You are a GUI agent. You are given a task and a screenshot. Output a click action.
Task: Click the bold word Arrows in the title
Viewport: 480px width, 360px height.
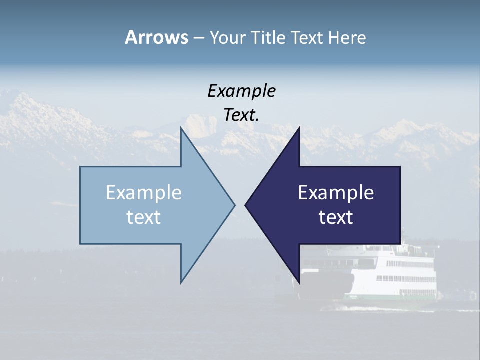pyautogui.click(x=156, y=37)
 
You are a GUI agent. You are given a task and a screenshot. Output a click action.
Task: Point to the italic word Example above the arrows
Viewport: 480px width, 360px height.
pyautogui.click(x=241, y=91)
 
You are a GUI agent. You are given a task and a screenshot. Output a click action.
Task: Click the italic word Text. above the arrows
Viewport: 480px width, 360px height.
pyautogui.click(x=241, y=115)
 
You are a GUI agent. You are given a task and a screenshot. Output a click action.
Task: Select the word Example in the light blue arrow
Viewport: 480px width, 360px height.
pyautogui.click(x=144, y=193)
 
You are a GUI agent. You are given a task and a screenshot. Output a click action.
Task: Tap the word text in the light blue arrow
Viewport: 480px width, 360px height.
pyautogui.click(x=144, y=217)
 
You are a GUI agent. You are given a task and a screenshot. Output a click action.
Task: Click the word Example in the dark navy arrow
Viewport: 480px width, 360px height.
pyautogui.click(x=336, y=193)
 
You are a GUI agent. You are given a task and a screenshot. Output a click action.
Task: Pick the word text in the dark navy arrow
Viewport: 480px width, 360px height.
pyautogui.click(x=336, y=217)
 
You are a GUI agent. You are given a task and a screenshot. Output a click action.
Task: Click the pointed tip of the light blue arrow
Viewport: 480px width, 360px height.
pyautogui.click(x=234, y=205)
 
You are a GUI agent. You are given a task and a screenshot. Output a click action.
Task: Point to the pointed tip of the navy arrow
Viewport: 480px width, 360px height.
pyautogui.click(x=246, y=205)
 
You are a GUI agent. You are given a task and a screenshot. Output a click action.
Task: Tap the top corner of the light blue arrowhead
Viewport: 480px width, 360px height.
pyautogui.click(x=181, y=129)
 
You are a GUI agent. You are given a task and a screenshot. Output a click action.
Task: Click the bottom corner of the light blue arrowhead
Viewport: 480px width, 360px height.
pyautogui.click(x=181, y=282)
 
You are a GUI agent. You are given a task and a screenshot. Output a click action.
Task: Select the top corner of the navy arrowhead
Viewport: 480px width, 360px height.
pyautogui.click(x=299, y=129)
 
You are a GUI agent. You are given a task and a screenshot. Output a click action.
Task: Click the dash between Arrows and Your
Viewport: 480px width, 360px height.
pyautogui.click(x=199, y=38)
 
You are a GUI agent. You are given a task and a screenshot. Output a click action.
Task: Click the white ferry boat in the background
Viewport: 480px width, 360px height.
pyautogui.click(x=395, y=272)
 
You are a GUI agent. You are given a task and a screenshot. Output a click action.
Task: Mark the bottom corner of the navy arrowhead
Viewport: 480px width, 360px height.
pyautogui.click(x=299, y=282)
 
